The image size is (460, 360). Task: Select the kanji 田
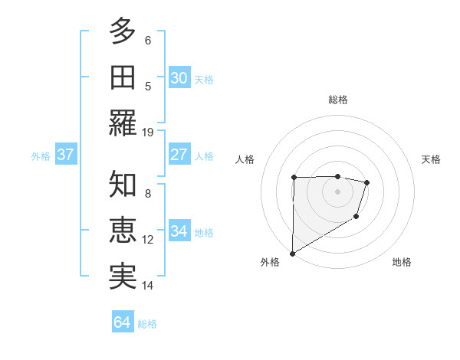click(123, 77)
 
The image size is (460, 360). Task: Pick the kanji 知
click(123, 185)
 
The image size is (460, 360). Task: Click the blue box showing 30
click(179, 78)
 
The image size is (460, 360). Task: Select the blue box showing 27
click(179, 155)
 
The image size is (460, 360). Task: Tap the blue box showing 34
click(179, 232)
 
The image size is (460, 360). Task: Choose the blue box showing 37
click(65, 155)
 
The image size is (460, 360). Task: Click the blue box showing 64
click(122, 322)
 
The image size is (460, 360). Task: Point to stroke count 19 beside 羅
click(148, 132)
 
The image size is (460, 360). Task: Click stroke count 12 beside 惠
click(148, 239)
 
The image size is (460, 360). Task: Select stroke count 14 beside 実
click(148, 286)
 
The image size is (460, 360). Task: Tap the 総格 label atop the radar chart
click(337, 100)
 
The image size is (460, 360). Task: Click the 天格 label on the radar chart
click(431, 159)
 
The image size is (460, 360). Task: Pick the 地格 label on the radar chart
click(402, 262)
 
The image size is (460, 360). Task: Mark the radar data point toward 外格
click(292, 253)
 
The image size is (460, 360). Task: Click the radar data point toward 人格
click(294, 178)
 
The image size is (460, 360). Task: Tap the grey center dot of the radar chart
click(337, 191)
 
